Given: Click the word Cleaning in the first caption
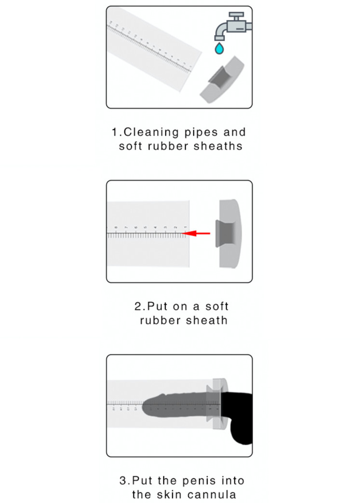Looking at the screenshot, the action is [151, 133].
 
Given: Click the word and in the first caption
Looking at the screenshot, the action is [235, 132].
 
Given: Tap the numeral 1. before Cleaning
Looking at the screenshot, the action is [116, 132].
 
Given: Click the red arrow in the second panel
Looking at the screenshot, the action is [197, 233].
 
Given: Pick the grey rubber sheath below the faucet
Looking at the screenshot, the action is [222, 80].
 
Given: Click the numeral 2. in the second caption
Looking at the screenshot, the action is [140, 306].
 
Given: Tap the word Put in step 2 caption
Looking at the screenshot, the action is [157, 306].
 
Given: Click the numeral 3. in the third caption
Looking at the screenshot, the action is [125, 481].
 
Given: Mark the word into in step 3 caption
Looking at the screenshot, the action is [233, 481].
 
